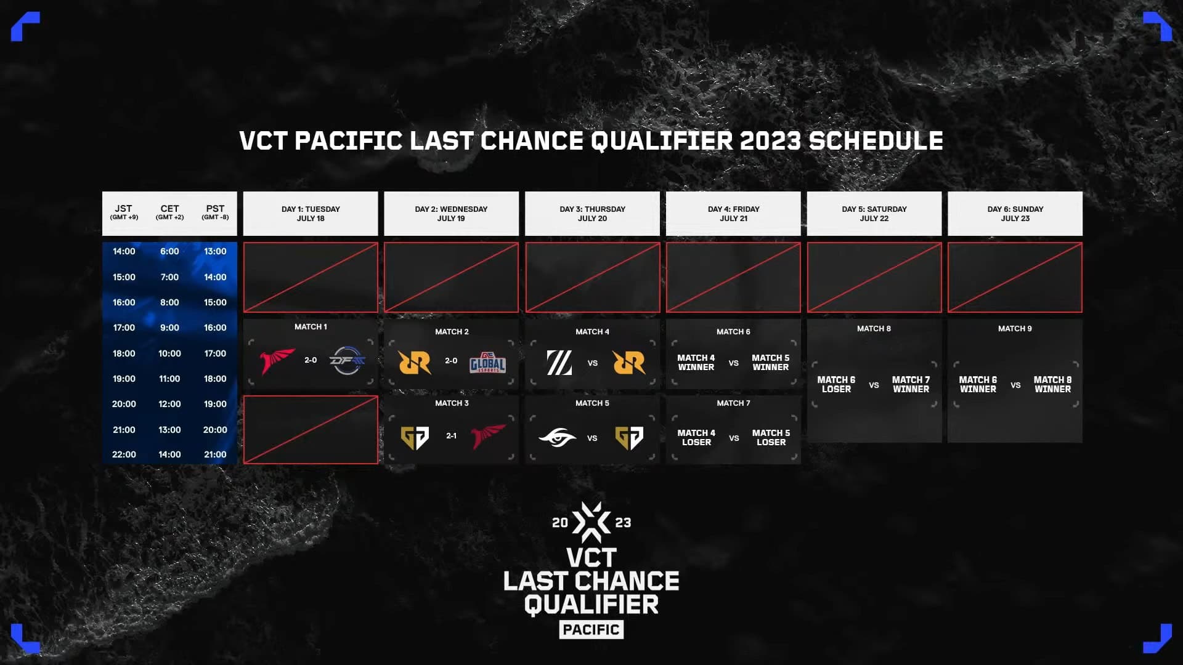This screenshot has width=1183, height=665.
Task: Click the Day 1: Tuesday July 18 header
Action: (311, 214)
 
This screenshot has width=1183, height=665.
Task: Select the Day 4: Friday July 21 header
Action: (733, 214)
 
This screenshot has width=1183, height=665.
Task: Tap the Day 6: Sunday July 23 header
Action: (1015, 214)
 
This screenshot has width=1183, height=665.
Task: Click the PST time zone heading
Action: (215, 212)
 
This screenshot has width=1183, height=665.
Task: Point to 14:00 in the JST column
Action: (124, 251)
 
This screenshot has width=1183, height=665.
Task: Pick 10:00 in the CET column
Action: (169, 353)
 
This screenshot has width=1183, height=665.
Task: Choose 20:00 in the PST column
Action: (215, 430)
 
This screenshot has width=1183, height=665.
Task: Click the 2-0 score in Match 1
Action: (311, 360)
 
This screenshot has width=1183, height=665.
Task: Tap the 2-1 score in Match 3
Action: (452, 436)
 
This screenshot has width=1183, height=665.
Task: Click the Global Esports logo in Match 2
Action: (488, 363)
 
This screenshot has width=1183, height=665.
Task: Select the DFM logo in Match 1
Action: (348, 360)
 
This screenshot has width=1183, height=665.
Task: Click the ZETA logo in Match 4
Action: (559, 363)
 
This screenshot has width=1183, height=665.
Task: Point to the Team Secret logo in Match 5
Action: (558, 438)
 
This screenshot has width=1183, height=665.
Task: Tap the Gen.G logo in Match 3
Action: (415, 438)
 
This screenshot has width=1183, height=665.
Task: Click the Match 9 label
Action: (1015, 329)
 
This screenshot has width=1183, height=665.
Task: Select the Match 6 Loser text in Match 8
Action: (836, 384)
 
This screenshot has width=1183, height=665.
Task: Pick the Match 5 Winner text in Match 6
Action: (770, 362)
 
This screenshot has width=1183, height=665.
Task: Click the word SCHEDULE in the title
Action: (876, 141)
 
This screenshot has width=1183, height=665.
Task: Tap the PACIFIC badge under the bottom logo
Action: (591, 629)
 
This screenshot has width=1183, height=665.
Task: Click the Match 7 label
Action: (733, 403)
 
